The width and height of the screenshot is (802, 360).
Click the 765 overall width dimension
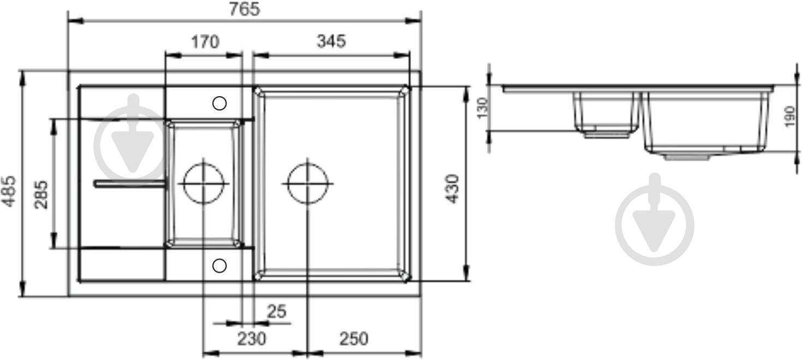244,9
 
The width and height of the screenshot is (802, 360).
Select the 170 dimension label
205,42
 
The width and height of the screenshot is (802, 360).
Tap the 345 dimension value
331,42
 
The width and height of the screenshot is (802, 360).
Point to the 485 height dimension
9,191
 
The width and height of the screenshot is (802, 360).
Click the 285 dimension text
41,194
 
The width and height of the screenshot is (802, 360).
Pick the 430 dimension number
453,188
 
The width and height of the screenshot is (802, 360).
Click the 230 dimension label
251,339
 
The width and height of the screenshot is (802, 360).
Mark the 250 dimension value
354,339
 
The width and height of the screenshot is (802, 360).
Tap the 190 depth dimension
789,117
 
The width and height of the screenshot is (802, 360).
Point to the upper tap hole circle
219,103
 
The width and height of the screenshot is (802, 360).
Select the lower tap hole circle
219,265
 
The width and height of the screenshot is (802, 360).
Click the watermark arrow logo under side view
655,220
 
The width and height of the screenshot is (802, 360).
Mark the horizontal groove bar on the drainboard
130,184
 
